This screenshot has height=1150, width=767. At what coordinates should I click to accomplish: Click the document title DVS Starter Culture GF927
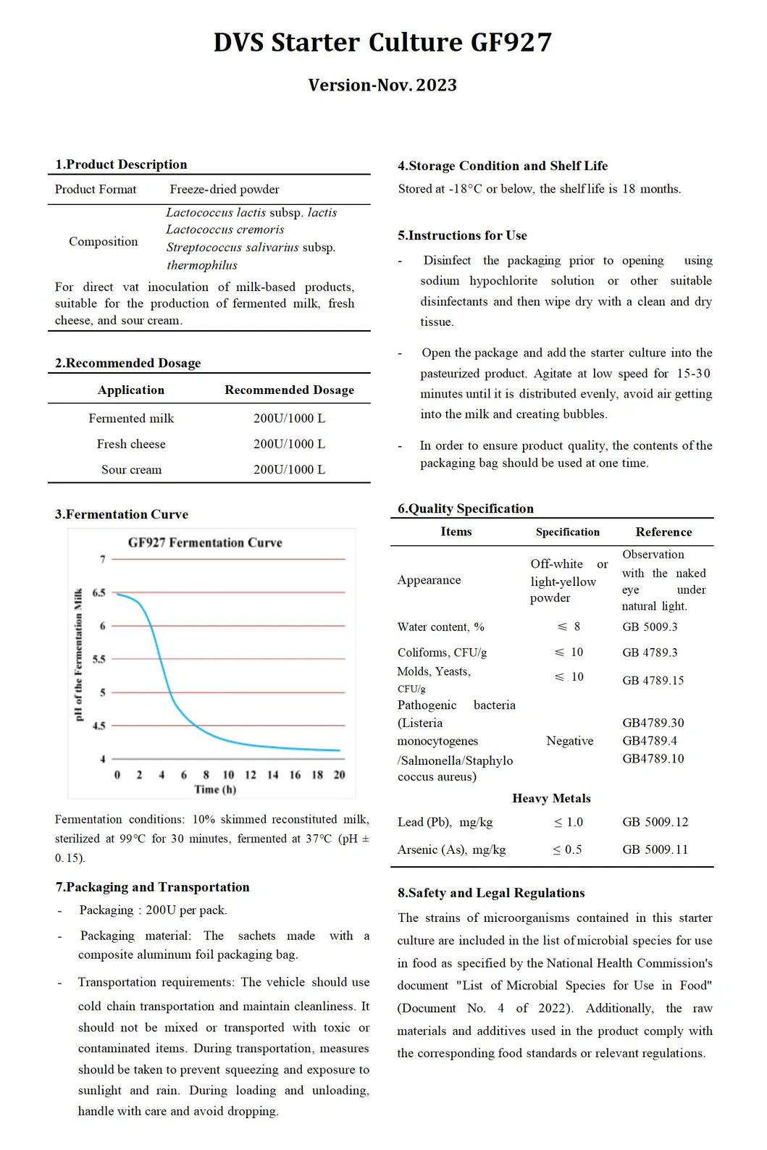coord(382,43)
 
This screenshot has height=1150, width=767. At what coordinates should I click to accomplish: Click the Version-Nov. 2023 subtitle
coord(382,85)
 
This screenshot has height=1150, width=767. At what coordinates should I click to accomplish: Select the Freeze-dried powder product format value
coord(225,190)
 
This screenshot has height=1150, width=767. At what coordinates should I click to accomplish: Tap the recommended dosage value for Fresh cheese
coord(289,444)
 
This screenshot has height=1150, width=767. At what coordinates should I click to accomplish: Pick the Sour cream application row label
coord(131,470)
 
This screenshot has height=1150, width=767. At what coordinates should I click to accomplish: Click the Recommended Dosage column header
coord(289,390)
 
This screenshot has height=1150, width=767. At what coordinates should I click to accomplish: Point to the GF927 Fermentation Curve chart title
coord(205,543)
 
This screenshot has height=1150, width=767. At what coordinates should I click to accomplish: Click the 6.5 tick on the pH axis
coord(99,593)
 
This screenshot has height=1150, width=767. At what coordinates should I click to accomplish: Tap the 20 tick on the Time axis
coord(339,775)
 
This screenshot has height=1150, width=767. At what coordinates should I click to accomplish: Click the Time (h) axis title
coord(215,790)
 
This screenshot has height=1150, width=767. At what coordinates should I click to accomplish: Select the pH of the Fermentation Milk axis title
coord(79,655)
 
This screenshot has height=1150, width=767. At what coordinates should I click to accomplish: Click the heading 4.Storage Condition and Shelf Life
coord(503,166)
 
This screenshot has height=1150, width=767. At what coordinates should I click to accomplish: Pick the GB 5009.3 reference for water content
coord(650,627)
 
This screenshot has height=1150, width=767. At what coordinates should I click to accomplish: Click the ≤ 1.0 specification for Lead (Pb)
coord(569,823)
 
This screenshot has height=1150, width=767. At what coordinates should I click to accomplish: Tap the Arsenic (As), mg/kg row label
coord(451,850)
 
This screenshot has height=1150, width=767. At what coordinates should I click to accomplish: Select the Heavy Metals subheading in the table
coord(551,799)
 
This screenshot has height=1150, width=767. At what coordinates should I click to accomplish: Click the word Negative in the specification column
coord(569,742)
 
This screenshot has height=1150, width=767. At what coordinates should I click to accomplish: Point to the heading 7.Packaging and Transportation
coord(152,888)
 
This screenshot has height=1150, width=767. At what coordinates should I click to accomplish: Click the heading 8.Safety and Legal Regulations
coord(491,894)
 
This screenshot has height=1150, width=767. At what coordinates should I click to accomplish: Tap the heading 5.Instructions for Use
coord(462,236)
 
